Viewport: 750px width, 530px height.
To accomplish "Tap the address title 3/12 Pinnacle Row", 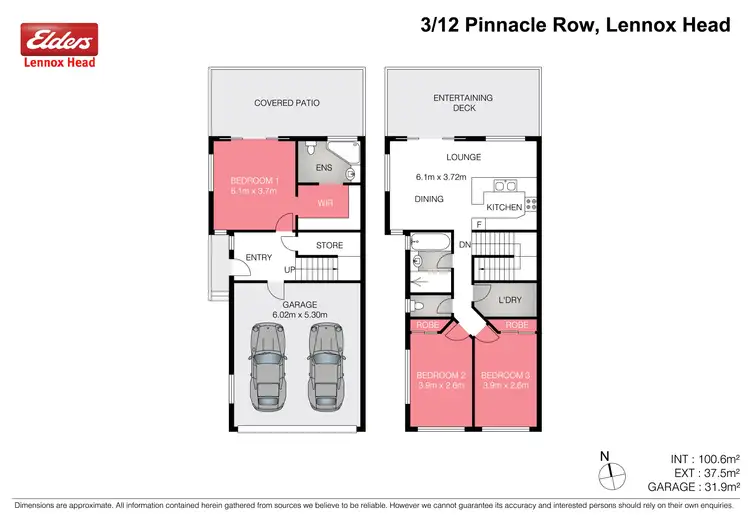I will pos(575,25).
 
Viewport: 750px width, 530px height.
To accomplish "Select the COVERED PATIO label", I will pos(287,102).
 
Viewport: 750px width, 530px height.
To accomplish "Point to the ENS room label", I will pos(324,168).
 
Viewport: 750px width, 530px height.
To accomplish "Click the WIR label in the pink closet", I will pos(325,202).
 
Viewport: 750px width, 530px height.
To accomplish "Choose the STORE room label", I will pos(329,245).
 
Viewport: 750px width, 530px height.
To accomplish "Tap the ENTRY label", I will pos(259,258).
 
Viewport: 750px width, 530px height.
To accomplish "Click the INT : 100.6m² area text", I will pos(704,459).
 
